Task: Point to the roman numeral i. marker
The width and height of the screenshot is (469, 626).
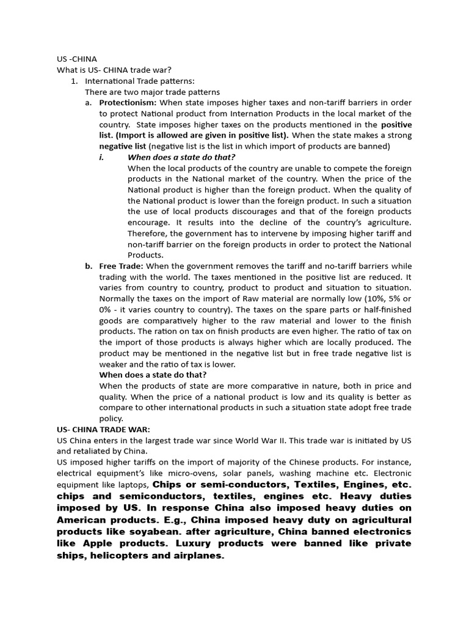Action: pos(102,157)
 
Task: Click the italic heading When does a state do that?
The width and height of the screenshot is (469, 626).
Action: pos(181,157)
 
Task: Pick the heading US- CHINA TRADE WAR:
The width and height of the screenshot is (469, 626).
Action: pos(103,430)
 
